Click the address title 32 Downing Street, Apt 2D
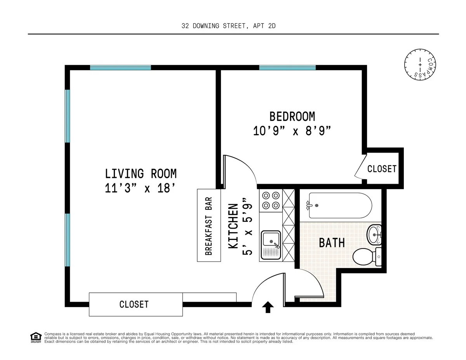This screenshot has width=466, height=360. (229, 26)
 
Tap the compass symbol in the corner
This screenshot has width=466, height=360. (419, 66)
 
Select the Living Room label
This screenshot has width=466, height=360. (141, 173)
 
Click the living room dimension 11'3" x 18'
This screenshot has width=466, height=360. (141, 189)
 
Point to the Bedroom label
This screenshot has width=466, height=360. (292, 116)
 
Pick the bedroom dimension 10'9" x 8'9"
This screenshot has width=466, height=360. (292, 131)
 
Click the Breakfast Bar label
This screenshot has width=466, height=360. (209, 226)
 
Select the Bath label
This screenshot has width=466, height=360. (332, 243)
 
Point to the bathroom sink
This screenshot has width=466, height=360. (374, 234)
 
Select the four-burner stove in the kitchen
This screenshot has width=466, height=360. (271, 200)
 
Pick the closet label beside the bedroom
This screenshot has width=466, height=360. (382, 169)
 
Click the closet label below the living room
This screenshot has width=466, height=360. (134, 304)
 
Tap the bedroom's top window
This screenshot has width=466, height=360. (287, 68)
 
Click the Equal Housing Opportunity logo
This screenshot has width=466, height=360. (36, 337)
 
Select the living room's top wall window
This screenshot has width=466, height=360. (120, 68)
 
